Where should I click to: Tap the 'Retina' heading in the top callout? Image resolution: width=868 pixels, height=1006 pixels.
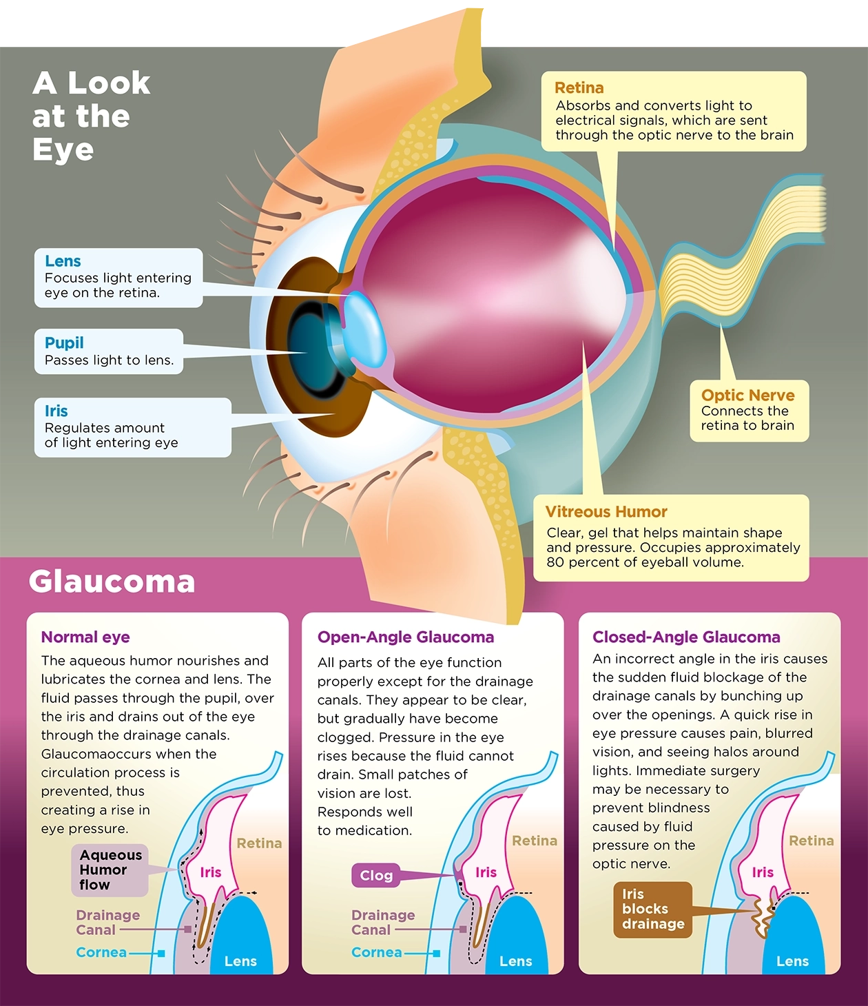[x=579, y=88]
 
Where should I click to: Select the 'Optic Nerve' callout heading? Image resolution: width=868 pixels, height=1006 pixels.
[x=747, y=395]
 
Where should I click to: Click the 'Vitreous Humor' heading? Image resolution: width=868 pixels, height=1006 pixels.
[x=606, y=512]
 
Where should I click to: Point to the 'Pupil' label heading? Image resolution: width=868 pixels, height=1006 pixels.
[x=64, y=342]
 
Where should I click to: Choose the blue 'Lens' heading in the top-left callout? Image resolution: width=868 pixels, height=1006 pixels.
[x=63, y=261]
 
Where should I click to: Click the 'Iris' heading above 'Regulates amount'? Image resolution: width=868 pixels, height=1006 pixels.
[x=56, y=411]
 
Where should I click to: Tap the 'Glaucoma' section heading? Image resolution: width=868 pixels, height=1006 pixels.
[x=112, y=582]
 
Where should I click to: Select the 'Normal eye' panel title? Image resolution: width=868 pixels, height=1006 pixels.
[x=85, y=637]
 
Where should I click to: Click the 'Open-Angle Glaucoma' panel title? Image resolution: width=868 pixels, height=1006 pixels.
[x=406, y=637]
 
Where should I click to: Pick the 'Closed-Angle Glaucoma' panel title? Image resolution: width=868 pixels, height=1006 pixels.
[x=686, y=637]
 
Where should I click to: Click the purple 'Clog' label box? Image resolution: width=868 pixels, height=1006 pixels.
[x=375, y=875]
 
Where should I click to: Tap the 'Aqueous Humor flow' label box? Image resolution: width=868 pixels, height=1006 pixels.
[x=110, y=870]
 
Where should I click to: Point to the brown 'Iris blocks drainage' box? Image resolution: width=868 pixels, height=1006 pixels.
[x=652, y=909]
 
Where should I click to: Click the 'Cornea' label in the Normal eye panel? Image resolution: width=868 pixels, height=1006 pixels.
[x=101, y=952]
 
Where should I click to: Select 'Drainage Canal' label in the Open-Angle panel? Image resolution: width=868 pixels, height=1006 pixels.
[x=383, y=922]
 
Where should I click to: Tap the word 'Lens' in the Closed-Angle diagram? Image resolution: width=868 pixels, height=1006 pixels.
[x=792, y=961]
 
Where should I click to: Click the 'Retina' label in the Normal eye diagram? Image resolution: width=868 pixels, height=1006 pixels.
[x=259, y=843]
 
